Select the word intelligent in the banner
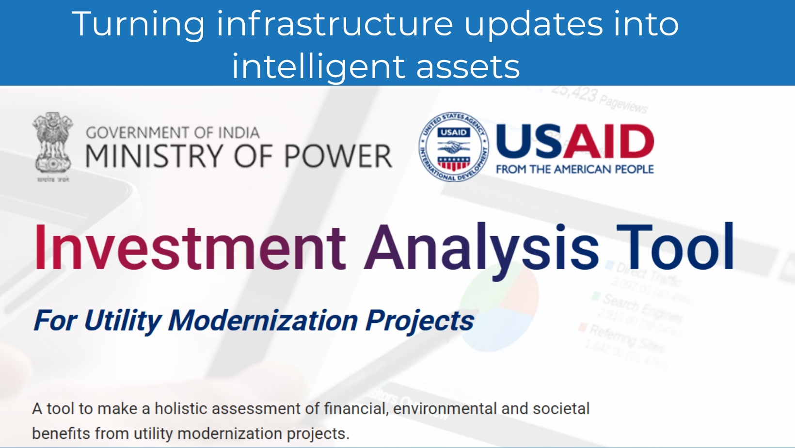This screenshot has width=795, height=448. click(x=318, y=67)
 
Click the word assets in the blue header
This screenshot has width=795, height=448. click(x=468, y=67)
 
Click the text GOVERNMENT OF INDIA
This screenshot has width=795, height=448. click(x=173, y=132)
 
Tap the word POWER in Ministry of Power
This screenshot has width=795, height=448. click(x=338, y=156)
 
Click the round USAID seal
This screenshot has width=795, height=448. click(x=454, y=147)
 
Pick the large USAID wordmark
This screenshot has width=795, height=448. click(x=575, y=142)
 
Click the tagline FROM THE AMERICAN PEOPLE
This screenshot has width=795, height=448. click(x=575, y=169)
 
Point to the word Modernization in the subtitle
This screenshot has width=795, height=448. click(x=263, y=320)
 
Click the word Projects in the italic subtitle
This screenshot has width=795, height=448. click(x=419, y=321)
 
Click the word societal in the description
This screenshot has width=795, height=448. click(x=561, y=408)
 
